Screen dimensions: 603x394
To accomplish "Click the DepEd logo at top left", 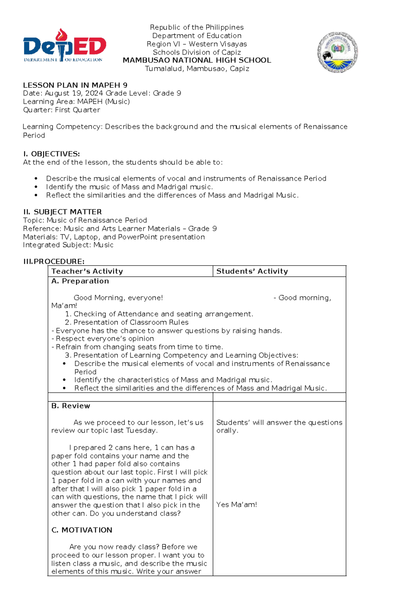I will [x=64, y=46].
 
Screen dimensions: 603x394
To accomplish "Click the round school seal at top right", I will [x=337, y=52].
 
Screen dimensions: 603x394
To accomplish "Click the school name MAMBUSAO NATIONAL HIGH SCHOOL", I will [x=197, y=60].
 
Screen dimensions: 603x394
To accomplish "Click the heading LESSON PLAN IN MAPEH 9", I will [x=75, y=85].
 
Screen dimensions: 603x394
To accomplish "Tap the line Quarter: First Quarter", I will [x=61, y=110].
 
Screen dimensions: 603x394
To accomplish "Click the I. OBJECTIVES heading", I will [x=52, y=154].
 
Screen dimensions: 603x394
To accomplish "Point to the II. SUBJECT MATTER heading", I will [x=62, y=212].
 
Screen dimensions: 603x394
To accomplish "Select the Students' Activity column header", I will [x=252, y=271].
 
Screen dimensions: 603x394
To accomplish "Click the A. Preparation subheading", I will [x=80, y=281].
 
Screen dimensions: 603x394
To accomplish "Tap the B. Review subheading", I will [x=71, y=406].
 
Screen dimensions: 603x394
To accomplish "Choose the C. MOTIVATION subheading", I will [x=82, y=530].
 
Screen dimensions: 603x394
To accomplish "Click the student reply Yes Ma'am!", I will [x=236, y=505].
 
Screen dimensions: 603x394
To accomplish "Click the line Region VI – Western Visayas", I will [x=197, y=44].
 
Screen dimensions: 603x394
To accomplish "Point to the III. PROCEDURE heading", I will [x=54, y=262].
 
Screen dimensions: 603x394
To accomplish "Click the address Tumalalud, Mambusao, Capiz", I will [x=197, y=69].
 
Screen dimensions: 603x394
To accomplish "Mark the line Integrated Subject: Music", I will [x=68, y=245].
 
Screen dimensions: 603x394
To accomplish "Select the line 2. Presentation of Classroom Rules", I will [x=127, y=322].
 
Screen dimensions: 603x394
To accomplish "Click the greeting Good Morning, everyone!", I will [x=118, y=298].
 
